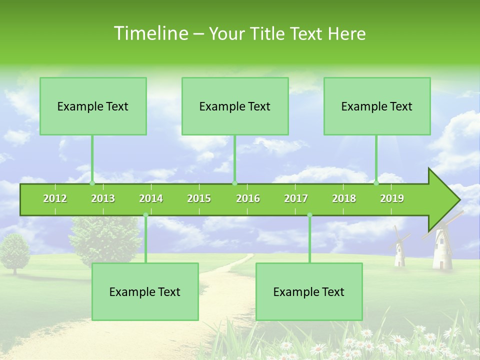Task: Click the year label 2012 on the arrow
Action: click(x=55, y=198)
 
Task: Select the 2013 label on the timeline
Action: click(x=103, y=198)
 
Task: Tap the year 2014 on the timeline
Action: click(x=151, y=198)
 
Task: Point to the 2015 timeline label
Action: click(x=199, y=198)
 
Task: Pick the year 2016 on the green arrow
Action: click(x=248, y=198)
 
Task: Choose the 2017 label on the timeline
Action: click(x=296, y=198)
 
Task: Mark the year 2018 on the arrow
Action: click(x=344, y=198)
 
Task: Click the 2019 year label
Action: click(x=392, y=198)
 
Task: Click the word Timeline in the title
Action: click(x=150, y=33)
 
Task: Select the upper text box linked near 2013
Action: click(x=93, y=106)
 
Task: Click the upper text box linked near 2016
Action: click(x=235, y=106)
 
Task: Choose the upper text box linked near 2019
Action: click(x=377, y=106)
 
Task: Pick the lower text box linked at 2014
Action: click(x=145, y=291)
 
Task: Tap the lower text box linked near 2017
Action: click(x=309, y=291)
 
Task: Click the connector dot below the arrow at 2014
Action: click(x=145, y=215)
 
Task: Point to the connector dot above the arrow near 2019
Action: click(x=376, y=183)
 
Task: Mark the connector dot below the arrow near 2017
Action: click(x=309, y=215)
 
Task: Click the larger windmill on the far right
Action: click(x=442, y=247)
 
